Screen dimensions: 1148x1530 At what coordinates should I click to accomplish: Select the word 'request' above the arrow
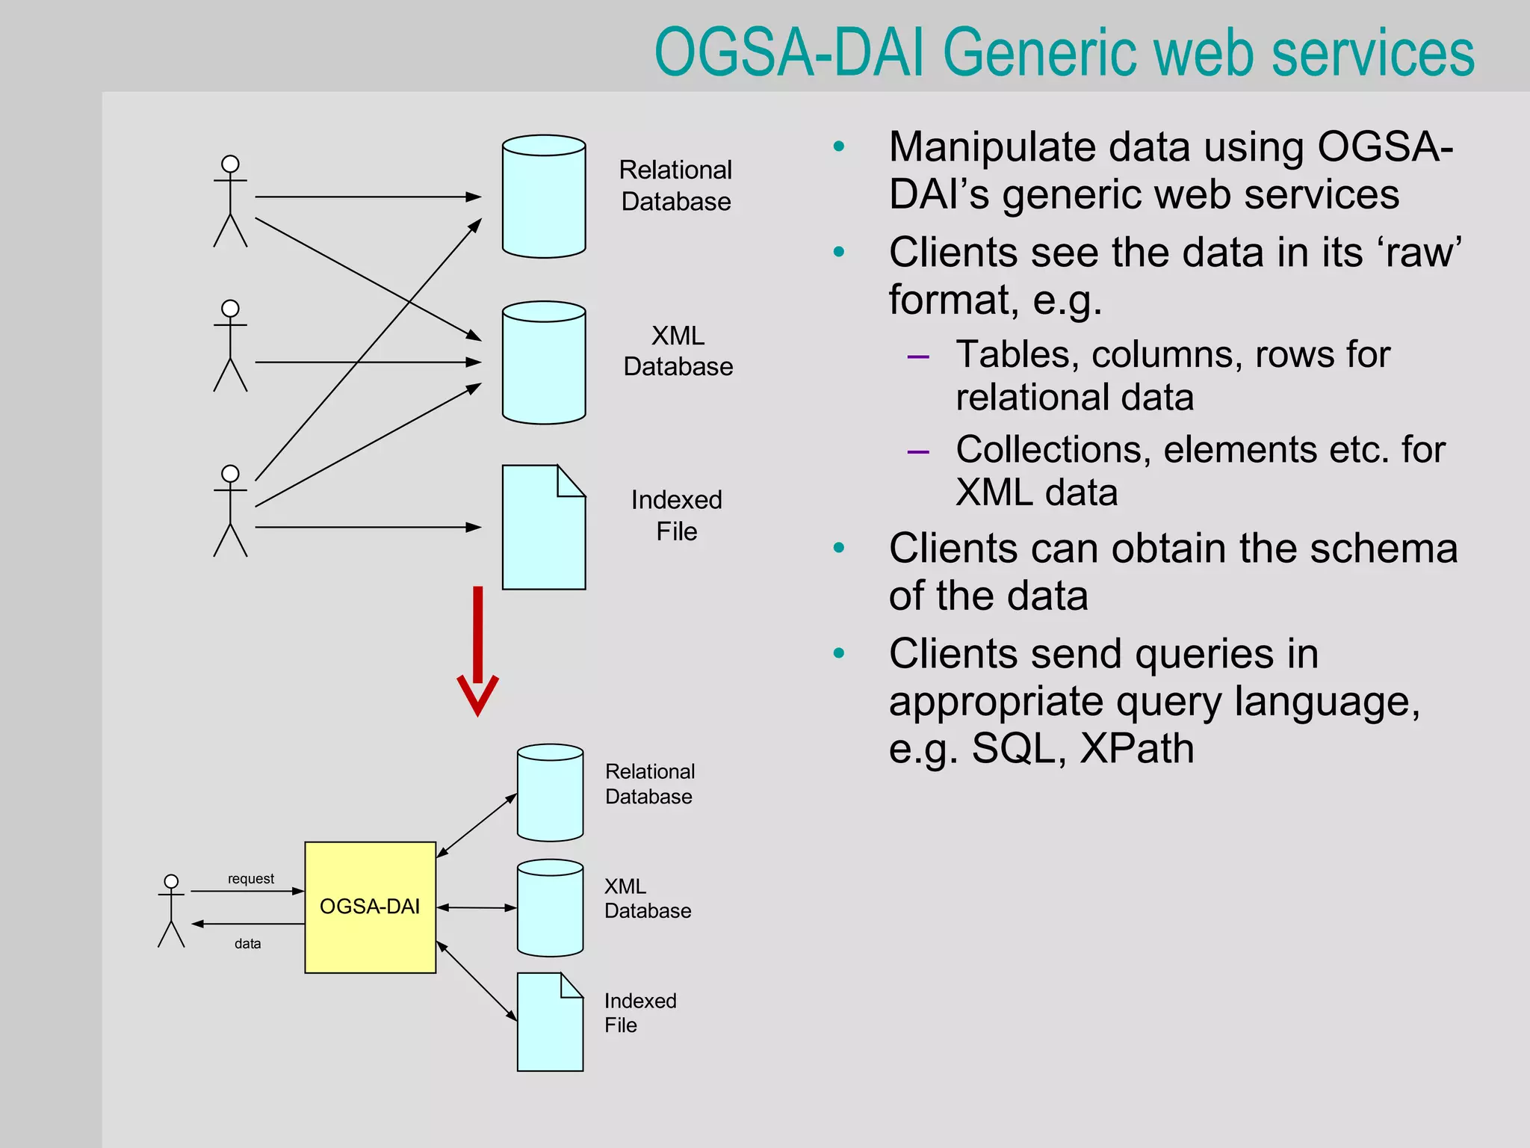coord(251,879)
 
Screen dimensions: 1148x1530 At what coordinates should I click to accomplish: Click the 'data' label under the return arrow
coord(247,944)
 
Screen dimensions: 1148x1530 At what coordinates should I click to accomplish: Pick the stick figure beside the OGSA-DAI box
coord(171,911)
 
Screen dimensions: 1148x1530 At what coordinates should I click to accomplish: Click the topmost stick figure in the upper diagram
coord(230,201)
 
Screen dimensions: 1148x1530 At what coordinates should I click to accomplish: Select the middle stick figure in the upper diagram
coord(230,345)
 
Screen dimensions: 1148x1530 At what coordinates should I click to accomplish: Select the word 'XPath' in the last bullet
coord(1136,748)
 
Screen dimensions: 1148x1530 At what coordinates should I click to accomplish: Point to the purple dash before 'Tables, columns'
coord(917,357)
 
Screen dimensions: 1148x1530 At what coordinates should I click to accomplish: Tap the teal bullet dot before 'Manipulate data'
coord(839,146)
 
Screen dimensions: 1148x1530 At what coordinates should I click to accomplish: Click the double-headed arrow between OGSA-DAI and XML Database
coord(477,907)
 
